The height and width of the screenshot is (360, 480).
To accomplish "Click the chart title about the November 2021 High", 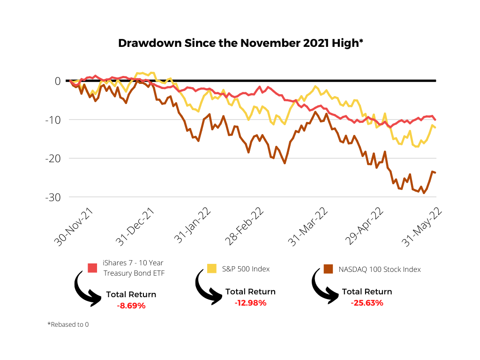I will pos(240,43).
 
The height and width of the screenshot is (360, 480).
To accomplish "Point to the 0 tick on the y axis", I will pos(57,81).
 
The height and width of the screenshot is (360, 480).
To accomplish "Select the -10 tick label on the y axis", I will pos(52,120).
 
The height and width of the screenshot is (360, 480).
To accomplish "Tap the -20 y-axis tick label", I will pos(52,158).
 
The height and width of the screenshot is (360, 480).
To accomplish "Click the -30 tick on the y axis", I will pos(52,197).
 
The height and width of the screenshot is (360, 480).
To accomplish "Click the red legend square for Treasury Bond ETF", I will pos(92,268).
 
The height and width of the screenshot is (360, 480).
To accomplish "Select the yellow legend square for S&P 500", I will pos(212,268).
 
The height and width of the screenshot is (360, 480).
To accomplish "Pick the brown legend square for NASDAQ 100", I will pos(329,269).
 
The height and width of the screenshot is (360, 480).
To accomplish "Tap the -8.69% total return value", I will pos(131,306).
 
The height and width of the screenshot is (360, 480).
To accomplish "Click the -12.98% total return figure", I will pos(250,303).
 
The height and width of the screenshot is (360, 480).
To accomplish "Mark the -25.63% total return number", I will pos(367,303).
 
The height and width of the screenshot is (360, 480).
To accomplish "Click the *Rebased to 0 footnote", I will pos(68,324).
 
